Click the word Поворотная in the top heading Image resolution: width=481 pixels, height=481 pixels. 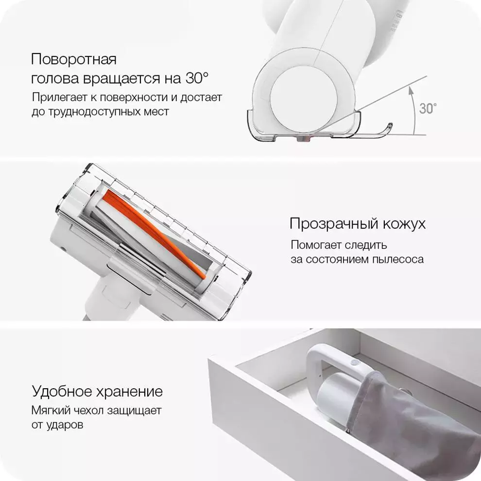[74, 59]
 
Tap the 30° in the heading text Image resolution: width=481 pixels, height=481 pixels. [197, 78]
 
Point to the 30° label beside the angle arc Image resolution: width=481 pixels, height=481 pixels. [428, 108]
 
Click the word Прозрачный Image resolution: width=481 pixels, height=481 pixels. [334, 223]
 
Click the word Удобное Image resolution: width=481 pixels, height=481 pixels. [62, 392]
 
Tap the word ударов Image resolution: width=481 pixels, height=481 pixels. [65, 426]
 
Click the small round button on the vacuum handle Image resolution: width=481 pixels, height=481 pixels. [356, 363]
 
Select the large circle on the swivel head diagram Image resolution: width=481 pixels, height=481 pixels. [304, 99]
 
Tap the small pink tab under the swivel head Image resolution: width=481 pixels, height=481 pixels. [303, 139]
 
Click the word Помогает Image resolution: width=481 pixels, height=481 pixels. [316, 245]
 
